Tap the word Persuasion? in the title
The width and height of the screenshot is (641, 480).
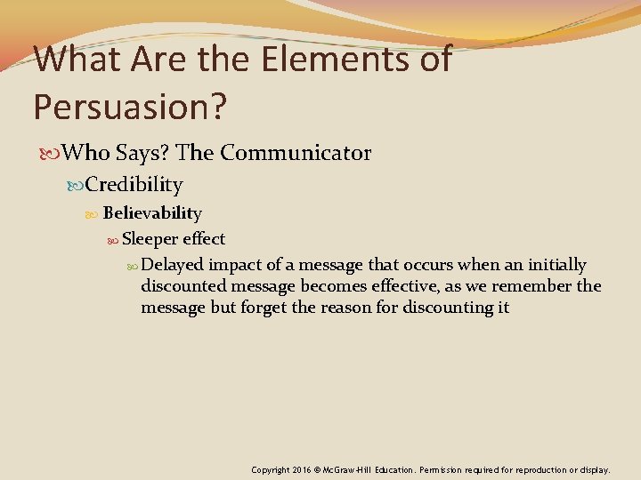point(130,106)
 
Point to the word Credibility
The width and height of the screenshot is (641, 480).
point(134,185)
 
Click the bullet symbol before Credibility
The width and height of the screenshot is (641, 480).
point(77,186)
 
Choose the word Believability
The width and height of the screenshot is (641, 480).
point(152,213)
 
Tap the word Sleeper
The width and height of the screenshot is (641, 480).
point(150,239)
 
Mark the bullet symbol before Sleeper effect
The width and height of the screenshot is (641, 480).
point(113,240)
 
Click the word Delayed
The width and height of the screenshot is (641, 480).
point(173,265)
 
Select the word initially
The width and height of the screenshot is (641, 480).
point(552,265)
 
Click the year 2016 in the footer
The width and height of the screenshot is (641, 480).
point(303,469)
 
